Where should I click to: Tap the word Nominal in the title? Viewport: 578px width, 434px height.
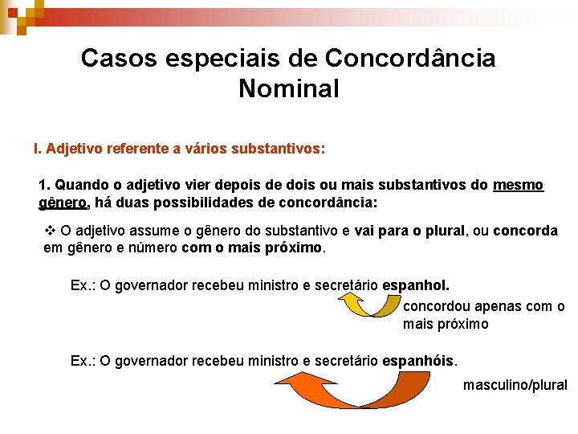[289, 88]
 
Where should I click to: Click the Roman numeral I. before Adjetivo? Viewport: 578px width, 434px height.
[37, 149]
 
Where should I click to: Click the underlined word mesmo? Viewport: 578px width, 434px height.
[519, 185]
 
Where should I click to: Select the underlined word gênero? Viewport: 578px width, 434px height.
[62, 201]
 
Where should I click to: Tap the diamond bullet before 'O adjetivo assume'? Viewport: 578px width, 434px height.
[50, 231]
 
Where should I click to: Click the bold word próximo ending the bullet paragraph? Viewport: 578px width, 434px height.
[294, 248]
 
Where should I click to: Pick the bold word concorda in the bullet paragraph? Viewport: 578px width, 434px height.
[526, 231]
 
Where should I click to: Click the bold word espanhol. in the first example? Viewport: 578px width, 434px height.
[416, 285]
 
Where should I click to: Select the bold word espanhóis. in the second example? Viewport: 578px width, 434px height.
[419, 361]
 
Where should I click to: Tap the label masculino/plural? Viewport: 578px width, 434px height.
[515, 385]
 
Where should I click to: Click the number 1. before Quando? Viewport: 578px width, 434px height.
[45, 185]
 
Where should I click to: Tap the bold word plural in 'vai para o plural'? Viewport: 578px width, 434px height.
[440, 231]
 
